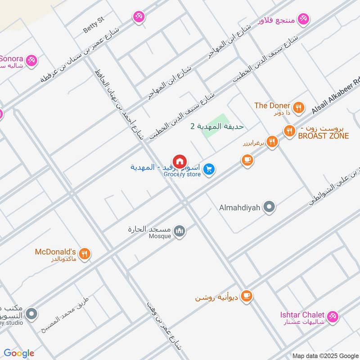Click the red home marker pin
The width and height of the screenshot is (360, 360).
(x=180, y=161)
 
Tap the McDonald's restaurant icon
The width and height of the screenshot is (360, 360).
(x=84, y=255)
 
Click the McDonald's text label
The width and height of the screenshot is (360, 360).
(x=55, y=252)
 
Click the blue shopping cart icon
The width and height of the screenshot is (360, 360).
(x=208, y=170)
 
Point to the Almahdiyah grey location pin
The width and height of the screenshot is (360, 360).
(x=269, y=207)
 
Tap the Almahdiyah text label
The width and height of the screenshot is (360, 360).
(x=240, y=207)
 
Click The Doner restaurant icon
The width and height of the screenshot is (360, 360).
(x=297, y=108)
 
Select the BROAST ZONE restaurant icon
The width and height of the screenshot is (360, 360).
(x=289, y=131)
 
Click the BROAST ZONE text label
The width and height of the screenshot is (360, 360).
(x=323, y=136)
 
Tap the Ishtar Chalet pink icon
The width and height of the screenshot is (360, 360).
(x=332, y=316)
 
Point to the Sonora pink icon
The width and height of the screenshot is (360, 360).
(x=31, y=60)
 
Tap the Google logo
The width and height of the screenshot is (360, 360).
(x=19, y=353)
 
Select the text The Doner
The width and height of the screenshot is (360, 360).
(x=272, y=106)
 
